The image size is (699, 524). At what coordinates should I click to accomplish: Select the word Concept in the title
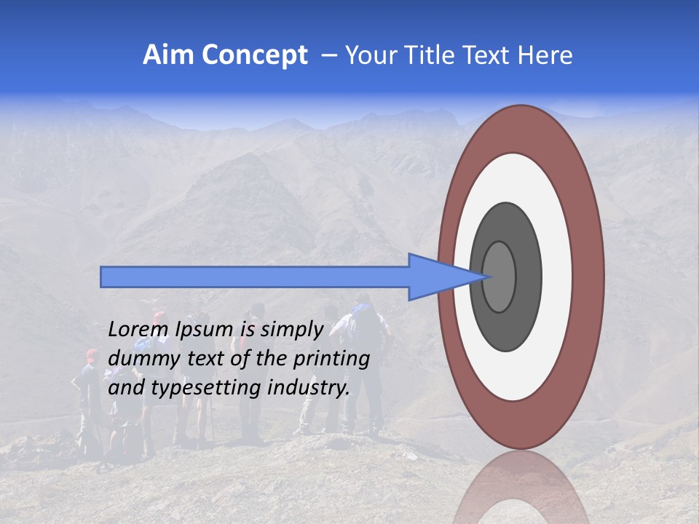coord(253,55)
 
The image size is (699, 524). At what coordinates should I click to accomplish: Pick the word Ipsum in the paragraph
coord(202,330)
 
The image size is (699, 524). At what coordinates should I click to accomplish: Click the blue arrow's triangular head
coord(437,277)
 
